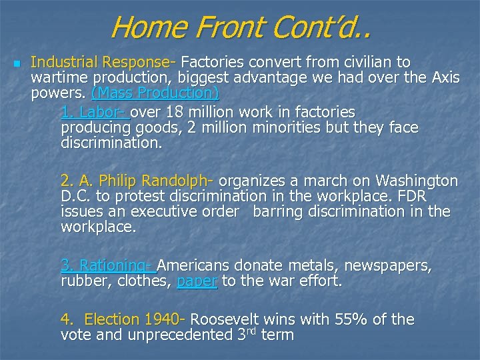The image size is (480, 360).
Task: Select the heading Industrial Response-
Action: [103, 63]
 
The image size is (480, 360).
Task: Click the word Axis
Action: [443, 78]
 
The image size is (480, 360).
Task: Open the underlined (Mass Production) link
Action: [155, 93]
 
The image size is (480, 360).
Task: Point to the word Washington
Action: [417, 181]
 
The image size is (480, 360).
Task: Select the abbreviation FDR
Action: [411, 197]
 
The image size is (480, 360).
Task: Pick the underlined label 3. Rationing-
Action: [107, 266]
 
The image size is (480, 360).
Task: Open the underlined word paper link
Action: [197, 281]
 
